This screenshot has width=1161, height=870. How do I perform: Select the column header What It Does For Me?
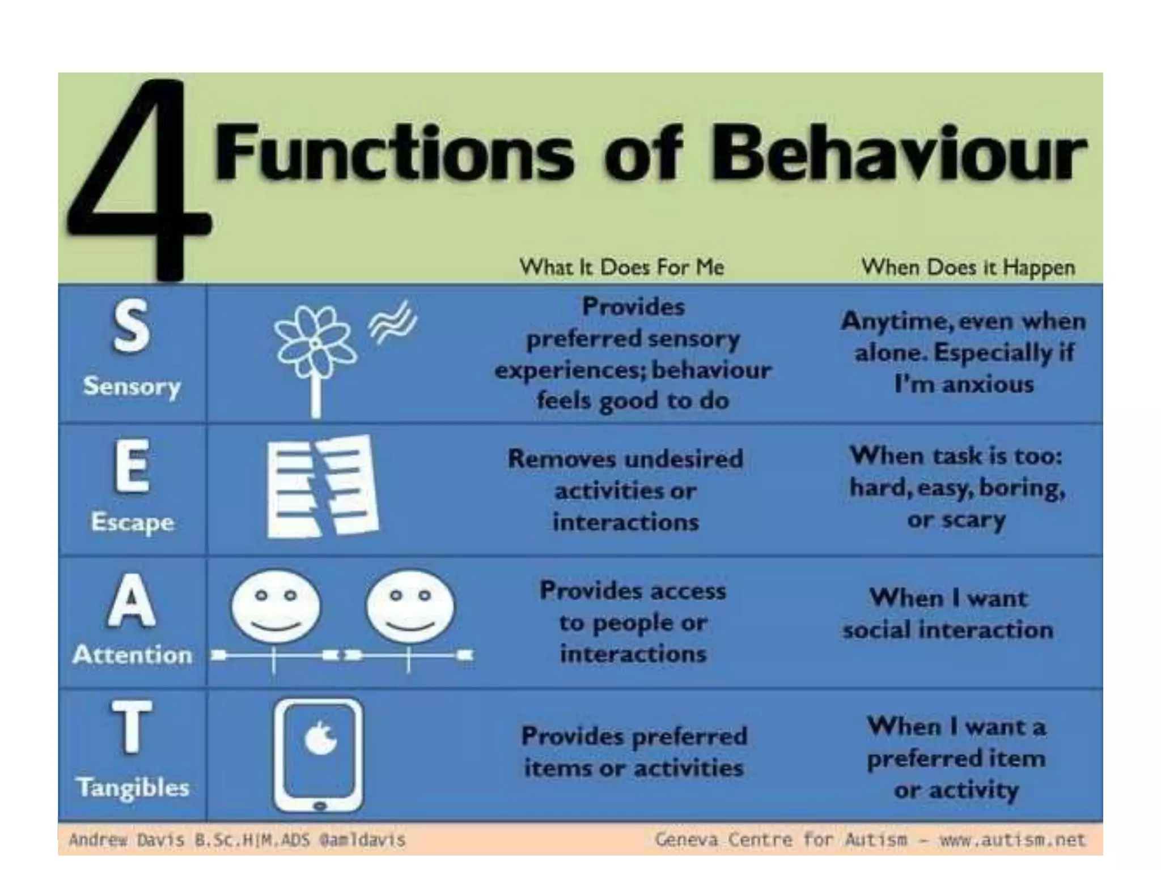[622, 267]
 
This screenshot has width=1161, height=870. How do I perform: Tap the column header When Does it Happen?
[968, 267]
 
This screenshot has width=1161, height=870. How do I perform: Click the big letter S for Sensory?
[132, 327]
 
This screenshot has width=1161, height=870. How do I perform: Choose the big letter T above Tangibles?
[132, 727]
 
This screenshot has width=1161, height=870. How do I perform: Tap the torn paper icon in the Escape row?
[322, 486]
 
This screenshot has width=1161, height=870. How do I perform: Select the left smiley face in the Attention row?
[276, 607]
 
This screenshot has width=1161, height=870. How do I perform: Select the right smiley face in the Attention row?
[410, 607]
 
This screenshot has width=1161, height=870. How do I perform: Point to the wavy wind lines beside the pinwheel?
[392, 322]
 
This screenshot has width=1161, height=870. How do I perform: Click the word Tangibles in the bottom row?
[133, 787]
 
